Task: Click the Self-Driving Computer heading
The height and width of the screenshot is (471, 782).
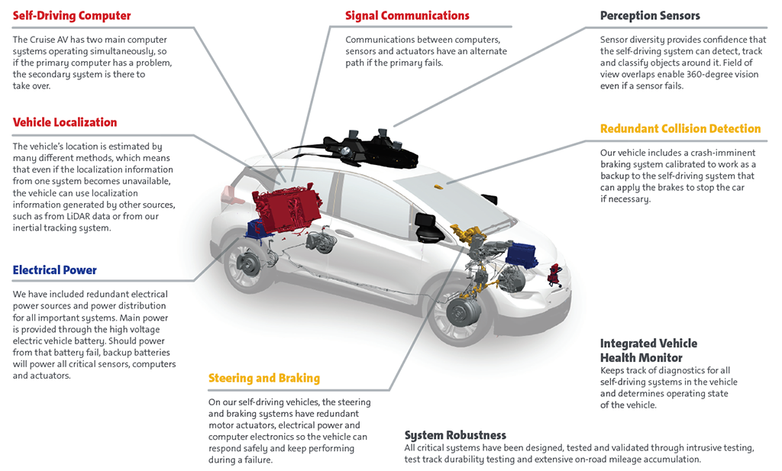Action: point(72,15)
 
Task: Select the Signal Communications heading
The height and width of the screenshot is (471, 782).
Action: point(407,15)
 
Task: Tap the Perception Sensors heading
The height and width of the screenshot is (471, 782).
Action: point(650,15)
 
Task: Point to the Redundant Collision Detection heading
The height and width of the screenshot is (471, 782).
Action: point(680,128)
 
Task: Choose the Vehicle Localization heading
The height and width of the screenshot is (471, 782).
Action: point(65,122)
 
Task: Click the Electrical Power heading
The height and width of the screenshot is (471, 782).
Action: point(55,269)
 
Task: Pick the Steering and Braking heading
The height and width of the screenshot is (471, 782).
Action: point(264,378)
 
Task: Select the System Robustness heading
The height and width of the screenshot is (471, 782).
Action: point(455,435)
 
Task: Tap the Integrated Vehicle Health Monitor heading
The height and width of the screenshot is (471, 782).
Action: point(648,350)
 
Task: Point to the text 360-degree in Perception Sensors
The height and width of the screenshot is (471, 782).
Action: point(677,75)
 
